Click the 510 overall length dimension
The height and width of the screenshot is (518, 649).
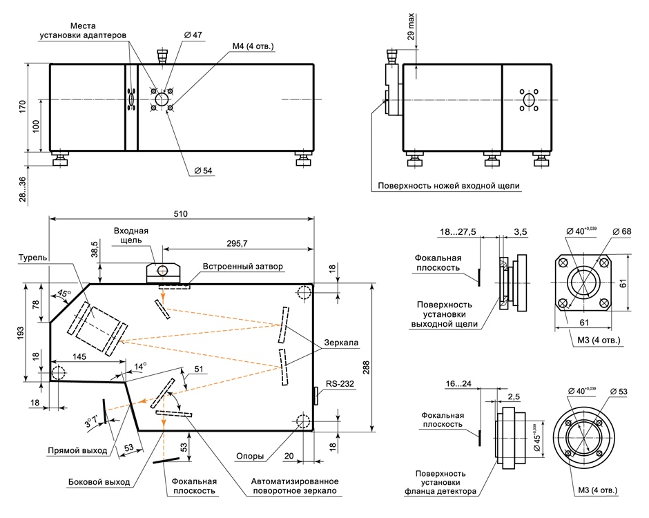tap(181, 214)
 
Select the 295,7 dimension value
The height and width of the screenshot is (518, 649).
tap(238, 243)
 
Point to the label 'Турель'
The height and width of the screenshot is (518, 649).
tap(33, 258)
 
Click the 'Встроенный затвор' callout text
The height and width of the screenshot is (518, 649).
tap(243, 266)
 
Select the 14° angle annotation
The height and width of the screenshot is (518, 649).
tap(140, 367)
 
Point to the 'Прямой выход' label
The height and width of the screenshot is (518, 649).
tap(77, 450)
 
